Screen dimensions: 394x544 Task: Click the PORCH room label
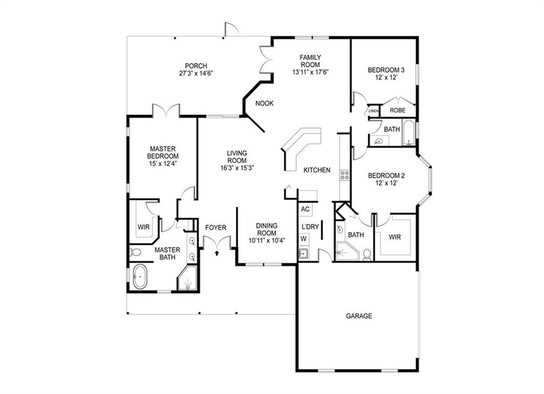pyautogui.click(x=196, y=66)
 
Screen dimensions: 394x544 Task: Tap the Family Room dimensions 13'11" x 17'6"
pyautogui.click(x=310, y=72)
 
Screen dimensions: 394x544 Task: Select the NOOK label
pyautogui.click(x=264, y=103)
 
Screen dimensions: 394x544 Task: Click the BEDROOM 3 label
pyautogui.click(x=386, y=70)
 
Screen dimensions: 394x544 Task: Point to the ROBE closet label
pyautogui.click(x=397, y=111)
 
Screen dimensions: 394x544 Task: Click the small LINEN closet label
pyautogui.click(x=374, y=111)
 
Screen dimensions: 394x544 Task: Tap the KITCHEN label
pyautogui.click(x=317, y=170)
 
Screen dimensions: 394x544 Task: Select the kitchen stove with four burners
pyautogui.click(x=345, y=175)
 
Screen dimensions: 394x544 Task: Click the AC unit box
pyautogui.click(x=305, y=209)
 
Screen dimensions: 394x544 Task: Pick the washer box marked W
pyautogui.click(x=303, y=238)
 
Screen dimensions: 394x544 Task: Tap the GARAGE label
pyautogui.click(x=359, y=316)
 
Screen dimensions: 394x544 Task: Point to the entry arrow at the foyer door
pyautogui.click(x=217, y=253)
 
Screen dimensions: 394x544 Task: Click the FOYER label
pyautogui.click(x=216, y=228)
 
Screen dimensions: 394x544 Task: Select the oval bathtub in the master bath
pyautogui.click(x=139, y=277)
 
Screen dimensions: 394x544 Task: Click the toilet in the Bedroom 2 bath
pyautogui.click(x=368, y=253)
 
